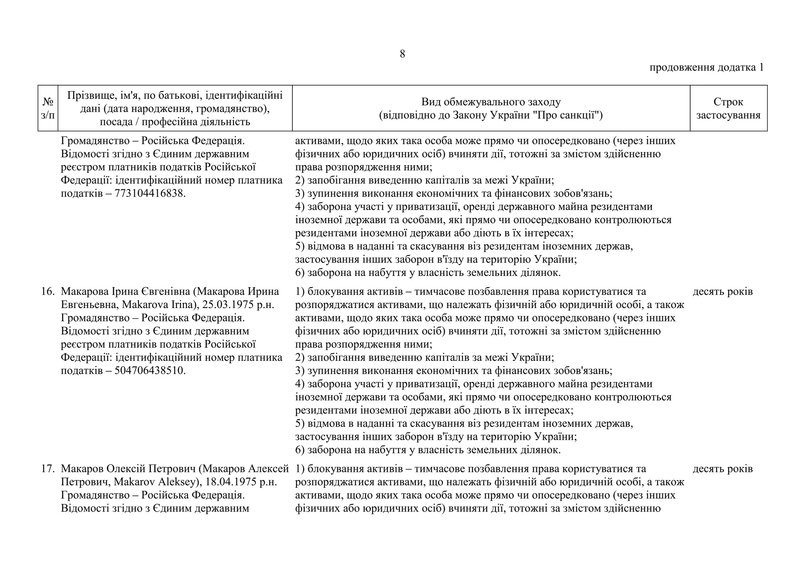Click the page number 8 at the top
tap(402, 54)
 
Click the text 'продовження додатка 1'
tap(706, 68)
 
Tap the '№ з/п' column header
tap(48, 108)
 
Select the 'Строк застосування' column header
tap(728, 108)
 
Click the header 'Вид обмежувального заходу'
tap(491, 102)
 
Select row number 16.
tap(48, 292)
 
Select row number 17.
tap(48, 469)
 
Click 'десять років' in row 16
tap(722, 292)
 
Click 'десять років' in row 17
tap(722, 469)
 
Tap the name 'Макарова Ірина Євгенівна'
tap(126, 292)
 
